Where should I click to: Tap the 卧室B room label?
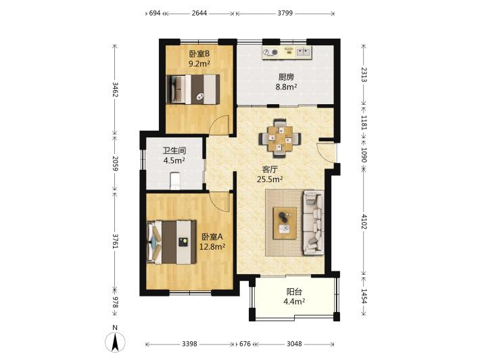[x=199, y=54]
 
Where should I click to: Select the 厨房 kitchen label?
[x=286, y=77]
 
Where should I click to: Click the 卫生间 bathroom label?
[x=174, y=150]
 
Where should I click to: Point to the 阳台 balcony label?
[x=294, y=292]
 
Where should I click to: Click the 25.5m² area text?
[x=269, y=179]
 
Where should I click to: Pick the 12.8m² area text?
[x=212, y=246]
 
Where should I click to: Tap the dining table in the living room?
[x=280, y=138]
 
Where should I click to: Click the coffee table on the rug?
[x=285, y=223]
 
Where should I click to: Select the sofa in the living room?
[x=314, y=223]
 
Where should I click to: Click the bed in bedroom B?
[x=193, y=89]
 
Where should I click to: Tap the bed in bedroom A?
[x=172, y=242]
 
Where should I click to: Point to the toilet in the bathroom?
[x=175, y=181]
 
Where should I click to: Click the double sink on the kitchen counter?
[x=304, y=52]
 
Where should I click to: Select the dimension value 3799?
[x=285, y=13]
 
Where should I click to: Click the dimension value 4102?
[x=364, y=221]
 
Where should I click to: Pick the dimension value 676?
[x=245, y=344]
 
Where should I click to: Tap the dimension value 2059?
[x=115, y=163]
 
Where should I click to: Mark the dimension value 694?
[x=155, y=13]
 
